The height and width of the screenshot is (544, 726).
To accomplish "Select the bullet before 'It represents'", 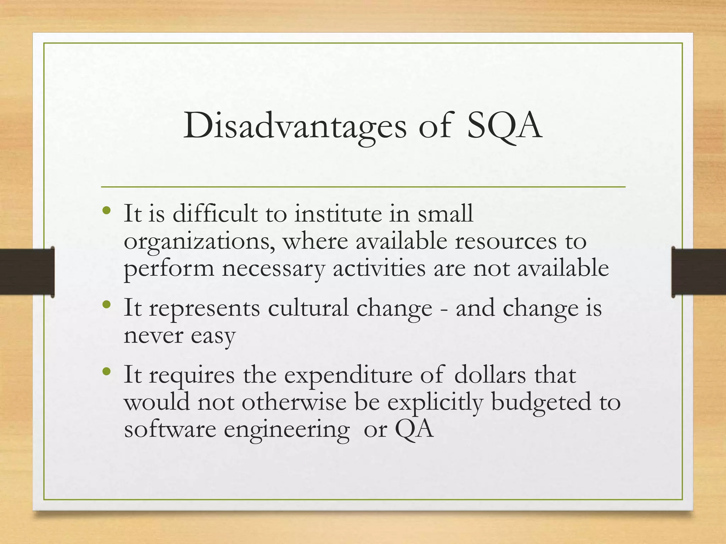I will pos(106,305).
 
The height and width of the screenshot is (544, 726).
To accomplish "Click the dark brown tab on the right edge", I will pos(699,272).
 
